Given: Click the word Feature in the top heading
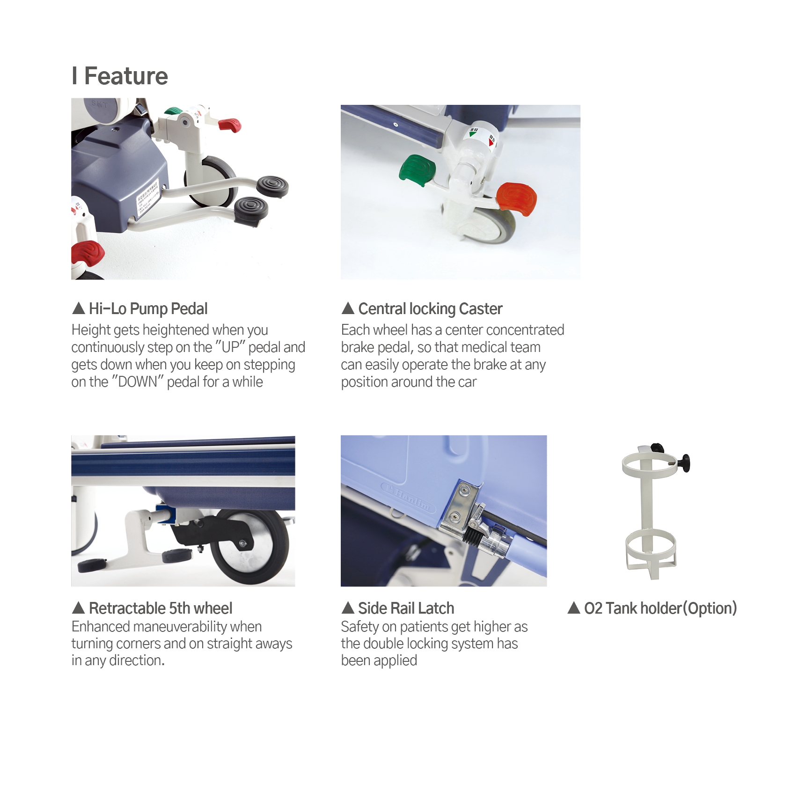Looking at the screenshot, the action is tap(126, 76).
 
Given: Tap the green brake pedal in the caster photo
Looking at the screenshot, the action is tap(417, 170).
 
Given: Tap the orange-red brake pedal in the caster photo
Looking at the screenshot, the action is tap(516, 199).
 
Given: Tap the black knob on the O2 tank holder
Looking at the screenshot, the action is tap(685, 463).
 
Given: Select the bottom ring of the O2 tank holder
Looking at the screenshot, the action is tap(651, 555).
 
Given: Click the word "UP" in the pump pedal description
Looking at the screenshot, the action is tap(230, 347).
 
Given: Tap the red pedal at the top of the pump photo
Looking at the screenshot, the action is tap(229, 125).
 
